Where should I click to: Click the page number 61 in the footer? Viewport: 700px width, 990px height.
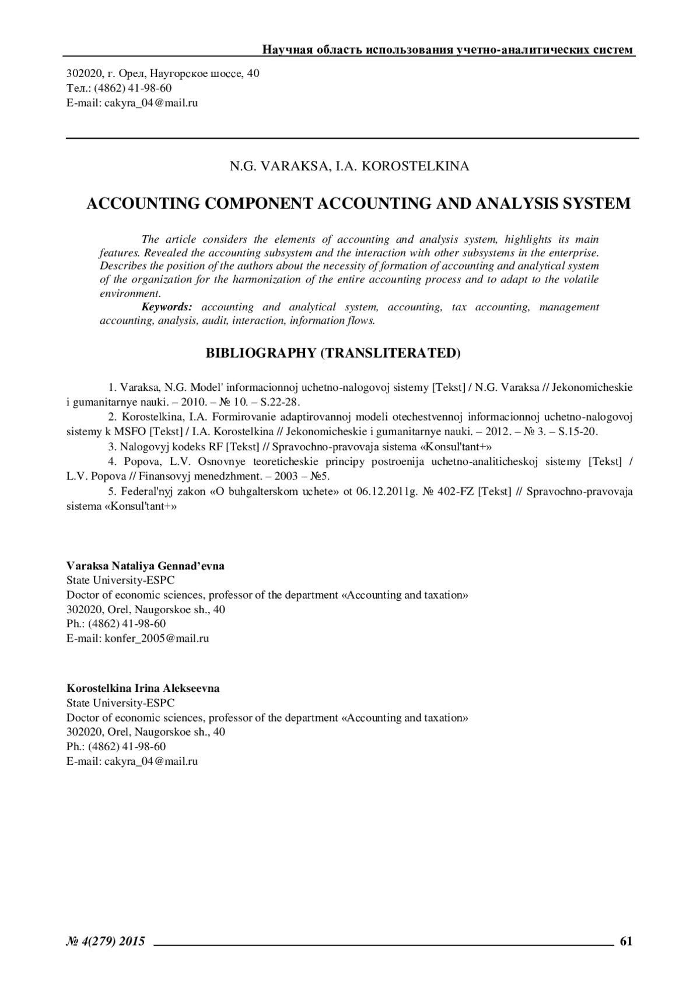626,940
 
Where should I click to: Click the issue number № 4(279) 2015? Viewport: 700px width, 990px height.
106,940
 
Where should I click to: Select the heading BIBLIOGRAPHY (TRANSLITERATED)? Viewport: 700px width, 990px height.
333,353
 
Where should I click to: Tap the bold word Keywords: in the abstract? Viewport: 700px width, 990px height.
167,307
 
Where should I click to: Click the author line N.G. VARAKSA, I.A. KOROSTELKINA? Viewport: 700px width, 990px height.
349,166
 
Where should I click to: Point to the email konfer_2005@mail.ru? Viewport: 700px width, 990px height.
156,638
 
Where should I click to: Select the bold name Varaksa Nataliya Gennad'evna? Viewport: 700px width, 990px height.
145,566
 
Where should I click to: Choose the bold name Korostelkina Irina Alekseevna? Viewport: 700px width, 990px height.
143,688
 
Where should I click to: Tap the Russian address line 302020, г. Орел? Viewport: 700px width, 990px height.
163,74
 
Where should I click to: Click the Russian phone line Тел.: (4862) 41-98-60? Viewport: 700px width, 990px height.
119,88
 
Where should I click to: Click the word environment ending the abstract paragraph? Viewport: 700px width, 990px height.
129,293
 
